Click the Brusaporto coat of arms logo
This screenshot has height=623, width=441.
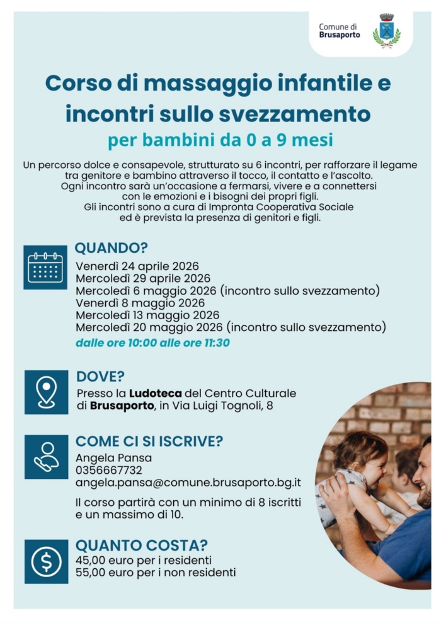386,30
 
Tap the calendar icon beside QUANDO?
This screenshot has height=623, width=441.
45,267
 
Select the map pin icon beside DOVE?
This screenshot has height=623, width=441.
46,392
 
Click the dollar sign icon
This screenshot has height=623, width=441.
46,561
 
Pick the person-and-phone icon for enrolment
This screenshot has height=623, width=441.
46,456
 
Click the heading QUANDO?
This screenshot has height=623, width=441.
112,248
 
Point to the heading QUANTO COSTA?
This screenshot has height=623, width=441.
142,546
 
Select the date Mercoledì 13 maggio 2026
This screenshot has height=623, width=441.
147,315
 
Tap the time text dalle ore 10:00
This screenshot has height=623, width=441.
114,343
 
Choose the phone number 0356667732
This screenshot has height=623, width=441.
108,470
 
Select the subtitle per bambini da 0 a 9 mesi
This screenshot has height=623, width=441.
220,140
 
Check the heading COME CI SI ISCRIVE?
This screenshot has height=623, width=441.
149,441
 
